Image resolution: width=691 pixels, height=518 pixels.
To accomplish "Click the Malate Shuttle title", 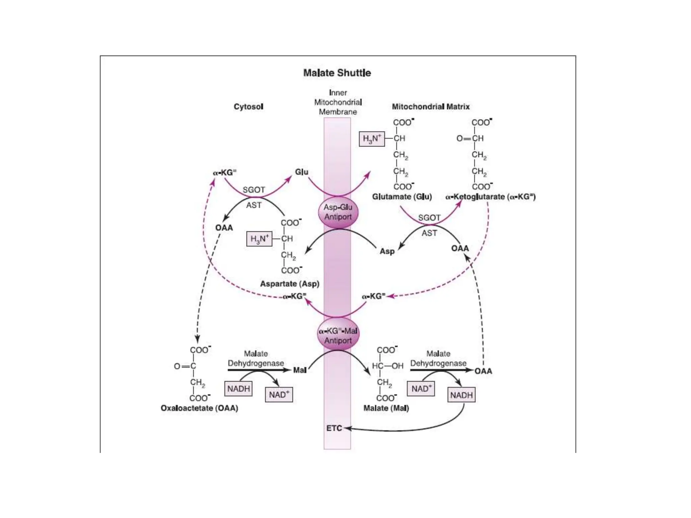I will click(337, 73).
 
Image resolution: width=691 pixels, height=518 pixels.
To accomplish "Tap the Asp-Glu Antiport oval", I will click(338, 212).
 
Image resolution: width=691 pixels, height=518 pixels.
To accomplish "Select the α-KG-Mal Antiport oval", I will click(338, 336).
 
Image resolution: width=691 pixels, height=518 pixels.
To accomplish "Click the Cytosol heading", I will click(248, 107).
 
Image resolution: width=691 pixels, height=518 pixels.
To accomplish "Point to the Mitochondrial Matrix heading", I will click(431, 107).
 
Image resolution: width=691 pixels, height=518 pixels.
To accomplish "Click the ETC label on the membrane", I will click(334, 428).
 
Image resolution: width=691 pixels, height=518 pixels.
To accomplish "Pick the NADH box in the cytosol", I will click(239, 389).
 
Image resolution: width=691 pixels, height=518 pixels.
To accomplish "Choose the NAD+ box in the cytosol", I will click(279, 395).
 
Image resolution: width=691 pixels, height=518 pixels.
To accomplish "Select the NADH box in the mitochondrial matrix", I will click(461, 395).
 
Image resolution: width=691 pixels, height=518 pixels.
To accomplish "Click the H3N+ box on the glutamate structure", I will click(372, 139).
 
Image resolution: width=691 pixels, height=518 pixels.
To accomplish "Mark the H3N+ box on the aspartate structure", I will click(259, 239).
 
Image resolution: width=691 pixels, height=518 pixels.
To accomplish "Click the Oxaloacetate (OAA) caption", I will click(199, 408).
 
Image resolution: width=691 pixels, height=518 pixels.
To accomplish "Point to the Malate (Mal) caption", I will click(386, 408).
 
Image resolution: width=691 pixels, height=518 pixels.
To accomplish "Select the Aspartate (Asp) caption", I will click(289, 284).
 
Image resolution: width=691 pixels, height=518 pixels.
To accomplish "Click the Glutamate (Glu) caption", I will click(402, 197).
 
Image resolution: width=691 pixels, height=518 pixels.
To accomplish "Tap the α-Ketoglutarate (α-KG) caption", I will click(490, 197).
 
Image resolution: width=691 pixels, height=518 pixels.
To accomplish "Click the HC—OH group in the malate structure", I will click(387, 366).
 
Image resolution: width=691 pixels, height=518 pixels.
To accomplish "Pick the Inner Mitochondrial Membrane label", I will click(338, 102).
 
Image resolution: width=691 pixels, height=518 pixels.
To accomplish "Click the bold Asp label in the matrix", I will click(387, 251).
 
